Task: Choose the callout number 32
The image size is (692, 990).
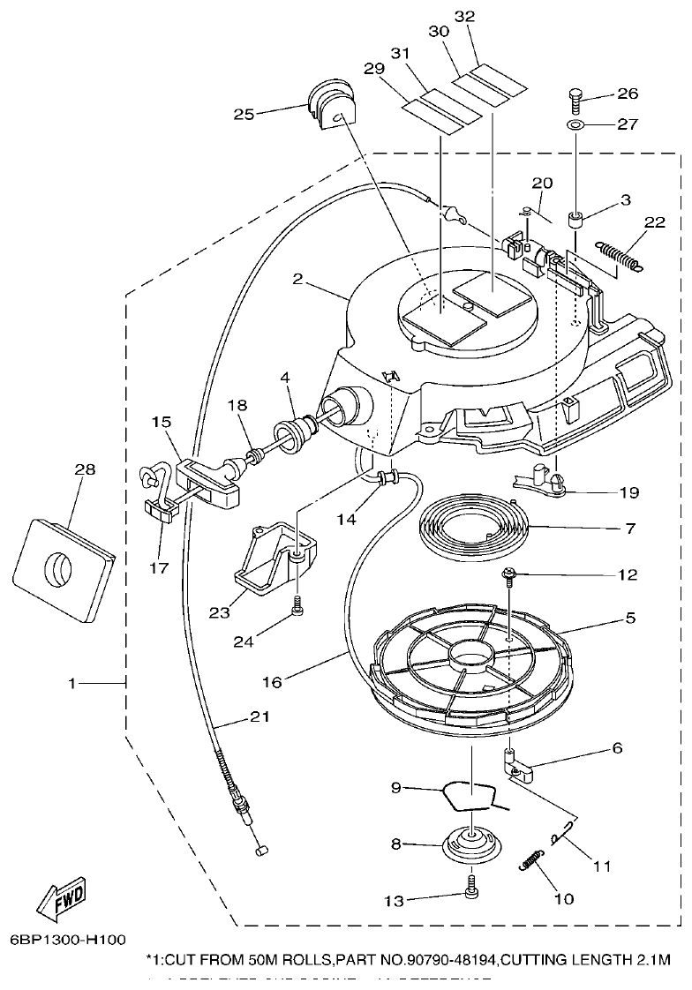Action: (463, 17)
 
